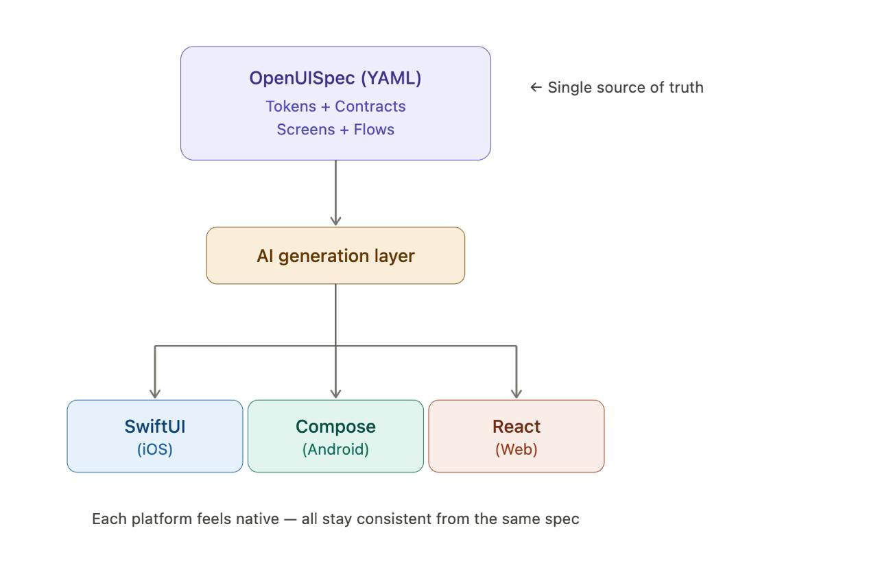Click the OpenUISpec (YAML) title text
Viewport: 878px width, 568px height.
click(335, 78)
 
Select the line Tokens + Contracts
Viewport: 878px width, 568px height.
click(335, 106)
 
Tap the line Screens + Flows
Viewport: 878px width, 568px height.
click(335, 130)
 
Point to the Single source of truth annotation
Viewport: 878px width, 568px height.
click(625, 88)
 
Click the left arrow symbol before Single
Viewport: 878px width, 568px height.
click(536, 88)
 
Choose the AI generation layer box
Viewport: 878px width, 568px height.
click(335, 256)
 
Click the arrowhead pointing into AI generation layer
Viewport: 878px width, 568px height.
click(335, 220)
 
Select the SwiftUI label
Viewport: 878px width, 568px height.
click(155, 427)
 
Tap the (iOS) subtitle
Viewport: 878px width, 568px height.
click(155, 449)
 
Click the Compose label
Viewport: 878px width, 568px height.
click(335, 427)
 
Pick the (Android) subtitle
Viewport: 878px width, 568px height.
click(335, 449)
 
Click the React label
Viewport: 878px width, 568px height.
click(517, 427)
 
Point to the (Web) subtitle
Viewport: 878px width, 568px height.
click(517, 449)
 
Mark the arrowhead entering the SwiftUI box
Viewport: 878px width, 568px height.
click(155, 393)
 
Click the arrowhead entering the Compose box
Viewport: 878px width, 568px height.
click(335, 393)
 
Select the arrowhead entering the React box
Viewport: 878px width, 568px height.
click(517, 393)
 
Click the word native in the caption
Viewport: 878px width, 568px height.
click(257, 519)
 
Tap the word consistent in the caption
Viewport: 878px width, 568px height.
click(395, 519)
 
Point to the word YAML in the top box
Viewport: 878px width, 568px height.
click(391, 78)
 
